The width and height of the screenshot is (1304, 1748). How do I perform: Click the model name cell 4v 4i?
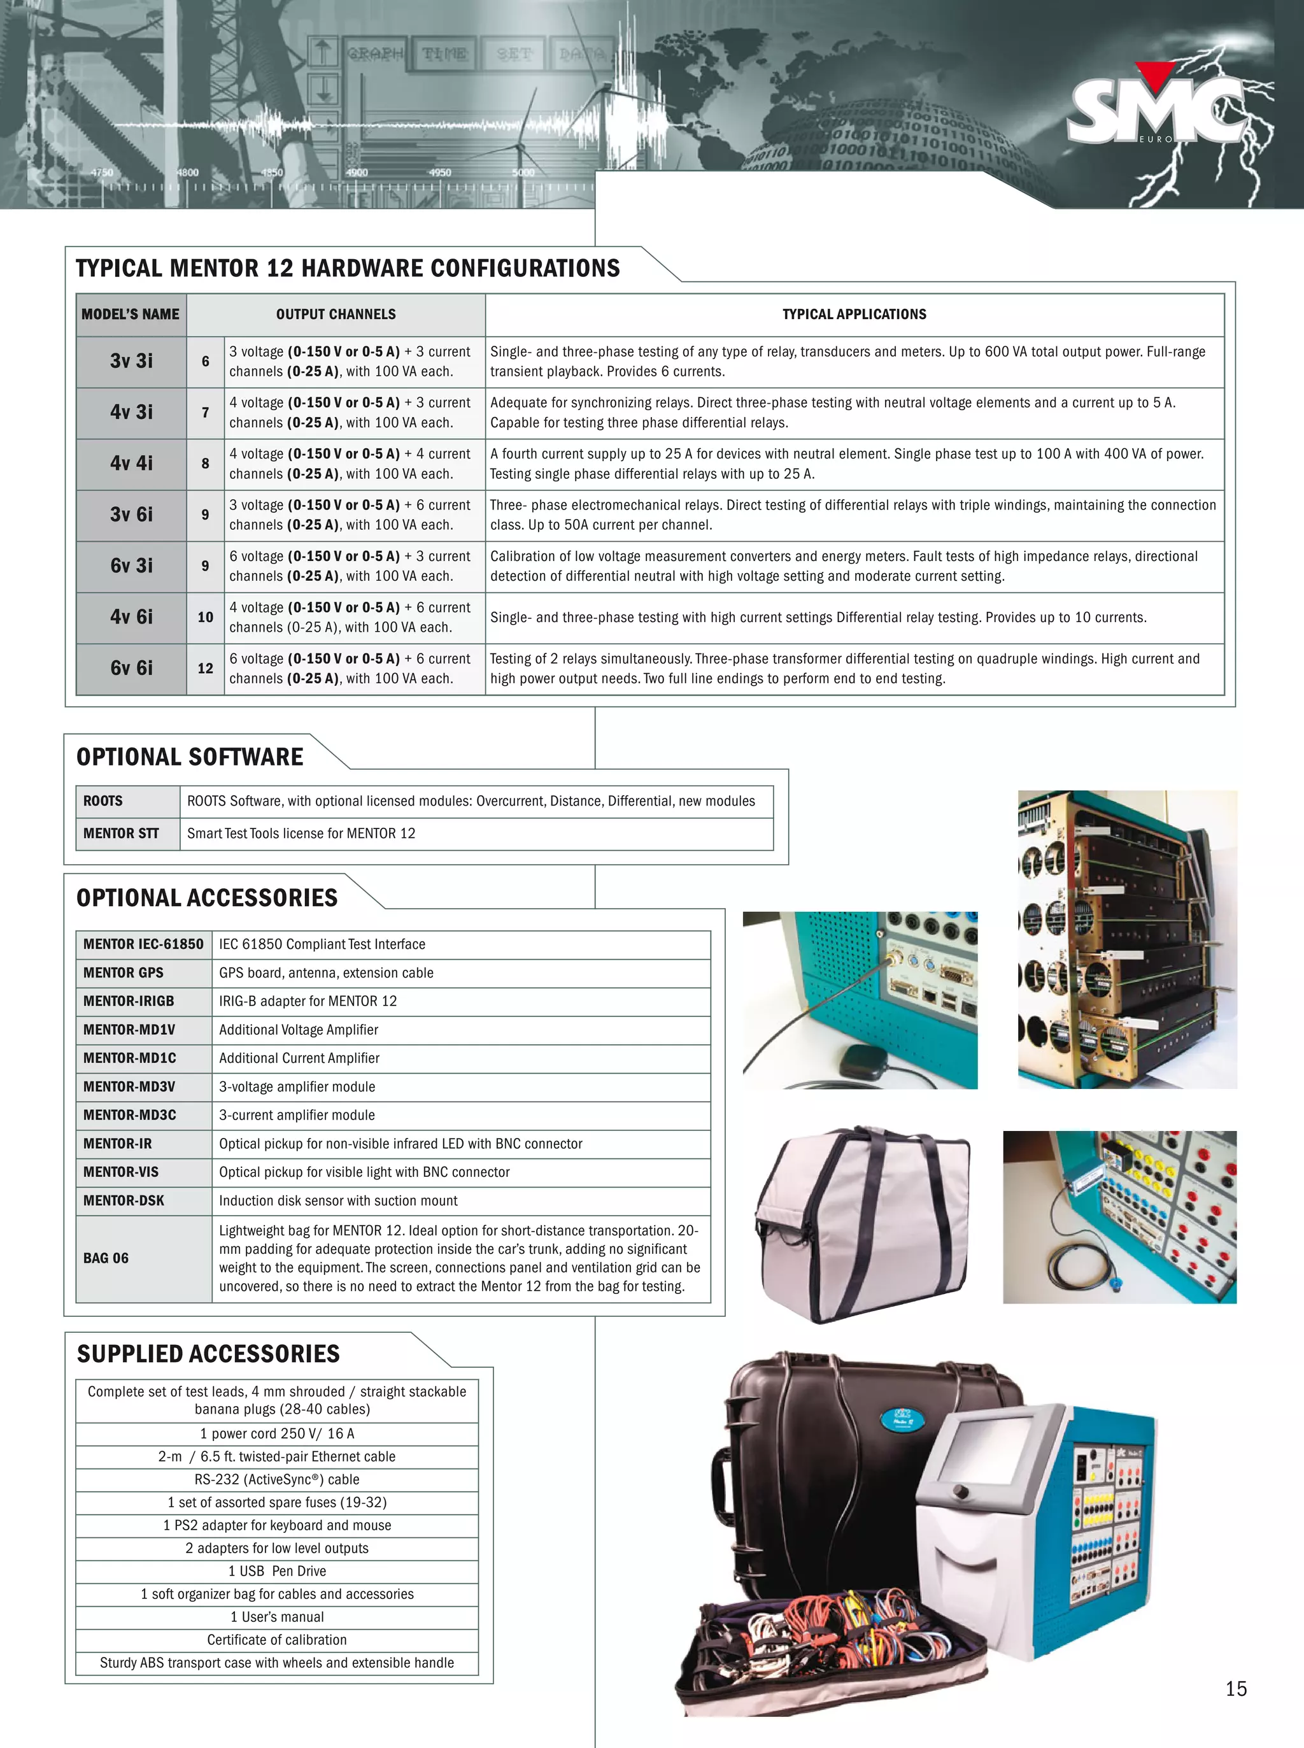coord(131,464)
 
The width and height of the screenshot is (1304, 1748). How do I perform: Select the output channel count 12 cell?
coord(205,669)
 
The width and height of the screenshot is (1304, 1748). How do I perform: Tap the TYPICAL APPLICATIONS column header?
coord(854,314)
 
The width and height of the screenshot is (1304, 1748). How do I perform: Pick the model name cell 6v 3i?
coord(131,566)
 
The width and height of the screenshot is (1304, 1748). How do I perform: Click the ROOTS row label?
coord(103,801)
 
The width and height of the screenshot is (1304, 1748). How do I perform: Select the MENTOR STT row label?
coord(121,834)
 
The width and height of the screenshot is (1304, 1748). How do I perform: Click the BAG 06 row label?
coord(106,1258)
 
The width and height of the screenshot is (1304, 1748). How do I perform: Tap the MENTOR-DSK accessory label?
coord(124,1201)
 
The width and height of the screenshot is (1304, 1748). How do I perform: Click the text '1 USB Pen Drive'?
coord(277,1571)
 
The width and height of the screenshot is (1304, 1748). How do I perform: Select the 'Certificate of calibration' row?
coord(277,1640)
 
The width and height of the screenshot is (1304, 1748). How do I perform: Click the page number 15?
coord(1236,1689)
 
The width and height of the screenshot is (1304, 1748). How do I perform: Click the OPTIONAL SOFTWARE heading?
coord(190,757)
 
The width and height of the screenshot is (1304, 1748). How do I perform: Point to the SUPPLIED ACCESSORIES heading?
coord(208,1354)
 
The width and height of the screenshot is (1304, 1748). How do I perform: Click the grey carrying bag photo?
coord(862,1224)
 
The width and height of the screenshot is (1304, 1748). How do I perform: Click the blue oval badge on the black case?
coord(902,1419)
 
